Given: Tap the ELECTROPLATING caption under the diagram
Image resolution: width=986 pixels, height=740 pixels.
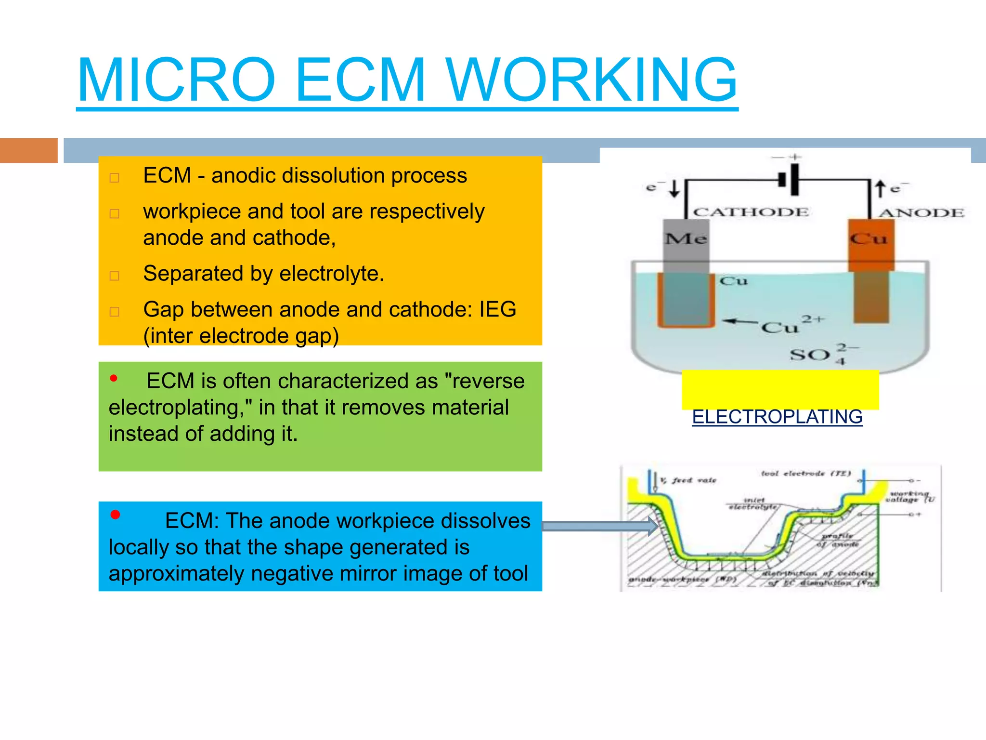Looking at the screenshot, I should [777, 417].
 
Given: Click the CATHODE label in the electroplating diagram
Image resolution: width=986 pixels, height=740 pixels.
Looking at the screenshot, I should [751, 212].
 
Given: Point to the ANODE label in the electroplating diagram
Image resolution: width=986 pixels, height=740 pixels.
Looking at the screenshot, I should [921, 212].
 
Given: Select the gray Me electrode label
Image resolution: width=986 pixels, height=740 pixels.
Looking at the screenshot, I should [686, 238].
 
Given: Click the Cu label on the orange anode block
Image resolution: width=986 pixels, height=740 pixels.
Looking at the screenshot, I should [868, 238].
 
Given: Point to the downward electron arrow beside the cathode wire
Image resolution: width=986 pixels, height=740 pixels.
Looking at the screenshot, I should [675, 188].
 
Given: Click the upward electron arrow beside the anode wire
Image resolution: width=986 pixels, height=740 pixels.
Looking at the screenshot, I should [880, 188].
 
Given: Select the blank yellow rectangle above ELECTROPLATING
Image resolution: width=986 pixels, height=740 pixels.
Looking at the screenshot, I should [780, 389].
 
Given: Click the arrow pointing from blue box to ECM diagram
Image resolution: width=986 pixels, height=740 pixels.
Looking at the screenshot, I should [599, 526].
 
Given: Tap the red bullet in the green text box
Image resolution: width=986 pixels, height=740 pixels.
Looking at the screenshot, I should [114, 379].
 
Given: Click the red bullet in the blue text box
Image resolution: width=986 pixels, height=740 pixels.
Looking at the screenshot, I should [115, 515].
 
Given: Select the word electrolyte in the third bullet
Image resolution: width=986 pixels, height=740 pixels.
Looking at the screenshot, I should [331, 274].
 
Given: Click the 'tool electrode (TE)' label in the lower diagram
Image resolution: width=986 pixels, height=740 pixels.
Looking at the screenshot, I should [805, 474].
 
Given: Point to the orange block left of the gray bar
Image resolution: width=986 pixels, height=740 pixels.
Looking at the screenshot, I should [28, 150].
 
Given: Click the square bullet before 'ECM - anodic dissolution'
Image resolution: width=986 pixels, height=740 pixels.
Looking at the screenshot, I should [115, 178].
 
